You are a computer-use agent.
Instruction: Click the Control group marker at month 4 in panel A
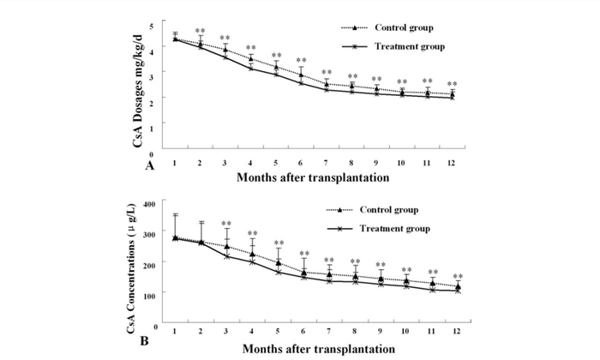[251, 59]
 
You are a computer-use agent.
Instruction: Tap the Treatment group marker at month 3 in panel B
[227, 256]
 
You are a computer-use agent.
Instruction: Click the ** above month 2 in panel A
[200, 31]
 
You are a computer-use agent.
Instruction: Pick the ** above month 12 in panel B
[458, 276]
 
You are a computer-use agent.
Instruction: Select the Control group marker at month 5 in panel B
[279, 262]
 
